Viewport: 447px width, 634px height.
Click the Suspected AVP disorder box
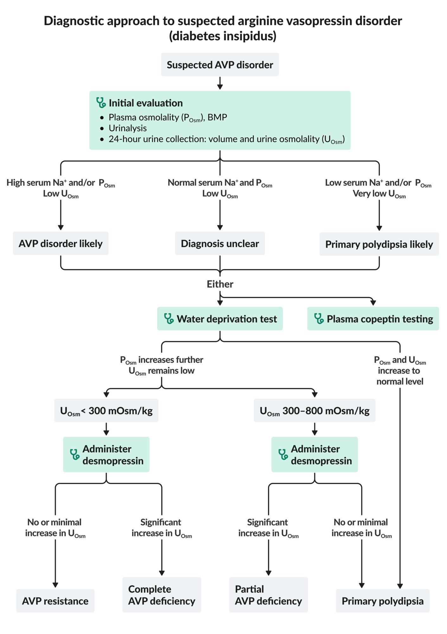tap(220, 65)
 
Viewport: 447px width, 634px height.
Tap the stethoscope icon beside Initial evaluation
tap(101, 103)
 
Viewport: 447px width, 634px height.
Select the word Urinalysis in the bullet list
tap(128, 128)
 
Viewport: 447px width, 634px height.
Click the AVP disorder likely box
tap(61, 243)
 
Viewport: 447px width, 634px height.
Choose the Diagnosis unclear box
tap(220, 243)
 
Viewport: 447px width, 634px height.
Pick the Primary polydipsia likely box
tap(379, 244)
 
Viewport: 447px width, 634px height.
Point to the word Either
tap(220, 284)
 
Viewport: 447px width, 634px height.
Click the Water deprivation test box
tap(220, 319)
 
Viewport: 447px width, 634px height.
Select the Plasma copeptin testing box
tap(373, 319)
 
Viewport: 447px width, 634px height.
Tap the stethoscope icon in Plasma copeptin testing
tap(319, 319)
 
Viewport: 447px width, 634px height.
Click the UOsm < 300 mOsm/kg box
tap(106, 411)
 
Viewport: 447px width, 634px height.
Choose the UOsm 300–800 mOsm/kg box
tap(314, 411)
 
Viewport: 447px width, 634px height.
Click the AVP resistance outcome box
tap(55, 601)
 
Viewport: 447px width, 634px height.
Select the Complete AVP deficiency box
tap(162, 595)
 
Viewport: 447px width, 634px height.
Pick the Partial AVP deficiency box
tap(268, 595)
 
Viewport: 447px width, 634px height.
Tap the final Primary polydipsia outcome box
tap(382, 601)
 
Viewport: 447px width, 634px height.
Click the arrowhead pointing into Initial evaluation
tap(220, 87)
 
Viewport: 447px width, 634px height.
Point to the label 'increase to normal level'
tap(400, 376)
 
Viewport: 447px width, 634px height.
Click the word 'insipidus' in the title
tap(245, 36)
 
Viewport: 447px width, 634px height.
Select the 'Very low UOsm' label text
tap(379, 194)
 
